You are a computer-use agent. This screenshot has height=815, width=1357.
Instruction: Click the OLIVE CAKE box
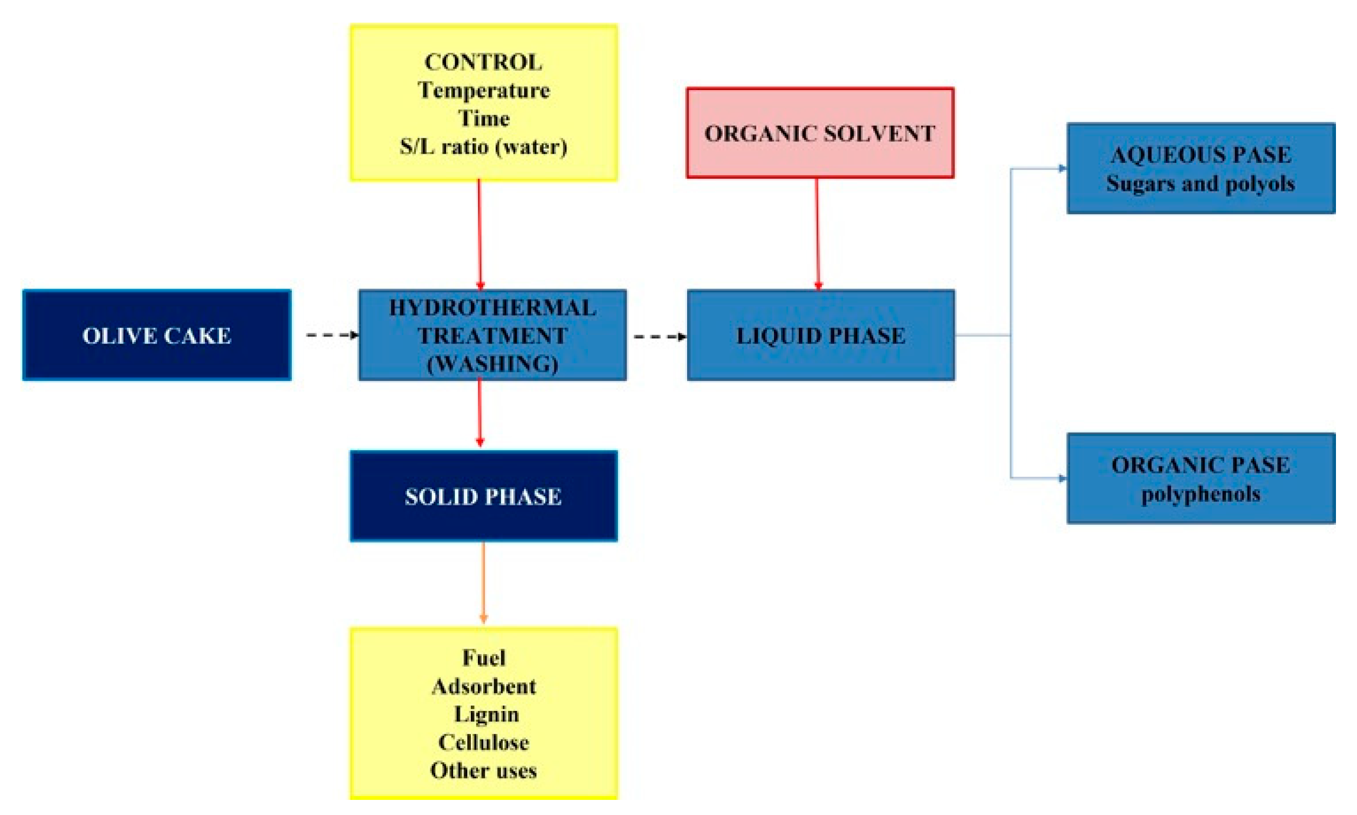[x=156, y=335]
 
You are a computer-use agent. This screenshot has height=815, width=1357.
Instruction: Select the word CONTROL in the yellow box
[x=483, y=62]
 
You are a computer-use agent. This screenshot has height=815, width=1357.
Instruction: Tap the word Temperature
[x=483, y=90]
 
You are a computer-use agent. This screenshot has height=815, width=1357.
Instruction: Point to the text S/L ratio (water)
[x=483, y=147]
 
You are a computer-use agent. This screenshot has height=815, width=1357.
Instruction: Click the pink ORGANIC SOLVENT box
[x=819, y=133]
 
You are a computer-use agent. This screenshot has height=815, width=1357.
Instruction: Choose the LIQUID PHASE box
[x=820, y=335]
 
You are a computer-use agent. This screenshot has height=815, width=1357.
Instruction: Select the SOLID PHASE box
[x=483, y=496]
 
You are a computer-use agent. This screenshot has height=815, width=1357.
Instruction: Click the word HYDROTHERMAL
[x=492, y=307]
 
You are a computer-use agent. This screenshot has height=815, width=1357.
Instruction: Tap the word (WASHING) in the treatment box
[x=492, y=364]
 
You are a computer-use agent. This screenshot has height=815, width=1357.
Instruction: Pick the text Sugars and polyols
[x=1201, y=183]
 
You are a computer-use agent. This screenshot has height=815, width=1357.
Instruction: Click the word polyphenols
[x=1201, y=494]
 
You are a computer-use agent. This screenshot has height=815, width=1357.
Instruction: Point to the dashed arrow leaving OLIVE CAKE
[x=331, y=335]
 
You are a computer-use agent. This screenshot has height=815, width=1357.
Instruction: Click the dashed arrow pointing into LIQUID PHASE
[x=659, y=336]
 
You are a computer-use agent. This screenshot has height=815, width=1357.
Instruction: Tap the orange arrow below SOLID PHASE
[x=483, y=582]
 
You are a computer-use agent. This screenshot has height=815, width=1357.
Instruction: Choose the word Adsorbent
[x=483, y=687]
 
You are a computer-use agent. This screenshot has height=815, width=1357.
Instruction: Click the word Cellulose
[x=483, y=743]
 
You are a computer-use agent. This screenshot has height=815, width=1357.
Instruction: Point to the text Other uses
[x=483, y=771]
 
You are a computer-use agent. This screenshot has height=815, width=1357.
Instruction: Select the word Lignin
[x=486, y=715]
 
